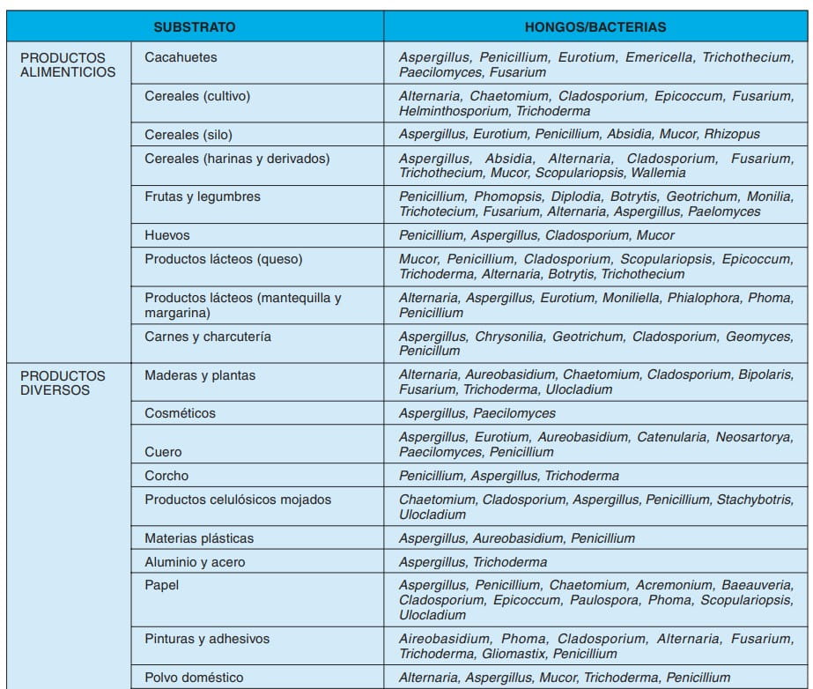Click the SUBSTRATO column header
click(195, 27)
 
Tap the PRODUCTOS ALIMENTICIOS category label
click(68, 64)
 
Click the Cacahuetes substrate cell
click(181, 57)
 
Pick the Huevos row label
click(167, 235)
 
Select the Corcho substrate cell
click(167, 476)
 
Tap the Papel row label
click(161, 585)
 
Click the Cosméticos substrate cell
click(180, 413)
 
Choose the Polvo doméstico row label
click(195, 677)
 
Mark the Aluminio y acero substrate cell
click(195, 561)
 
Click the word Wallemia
click(659, 173)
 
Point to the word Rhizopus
click(732, 135)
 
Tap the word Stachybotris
click(755, 500)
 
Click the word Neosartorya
click(755, 437)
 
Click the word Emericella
click(659, 57)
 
